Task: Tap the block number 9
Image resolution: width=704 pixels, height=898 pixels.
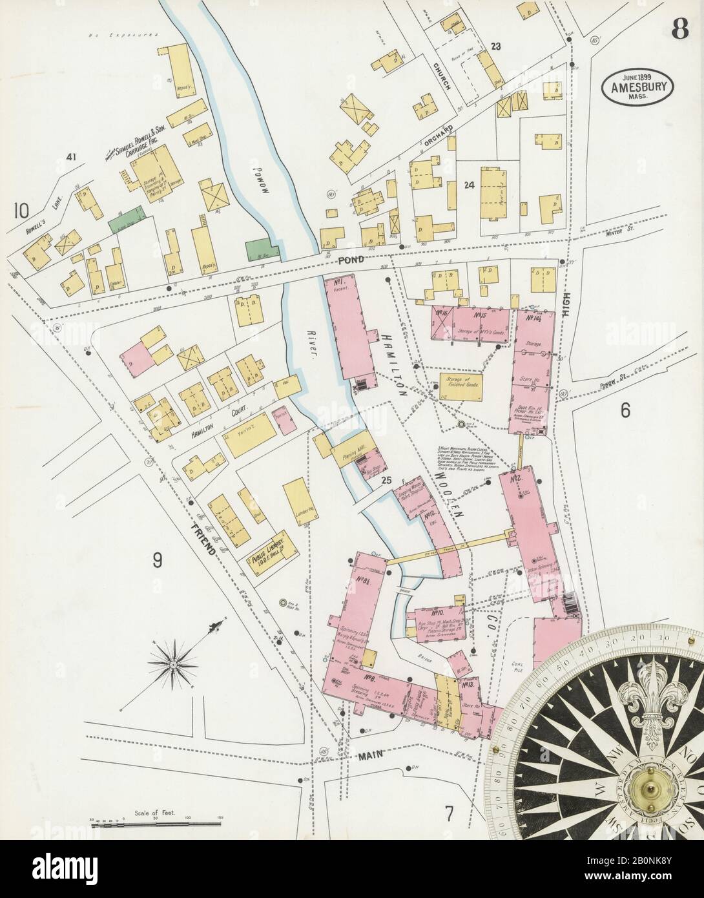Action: tap(157, 561)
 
